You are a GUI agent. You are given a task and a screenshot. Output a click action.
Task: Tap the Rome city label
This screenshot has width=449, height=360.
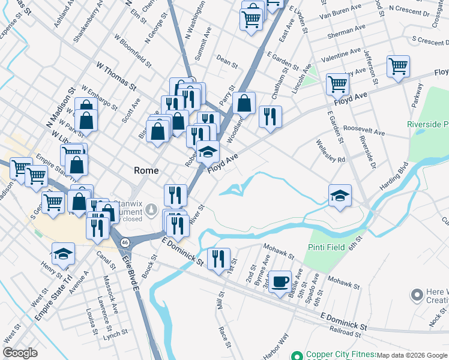coord(146,170)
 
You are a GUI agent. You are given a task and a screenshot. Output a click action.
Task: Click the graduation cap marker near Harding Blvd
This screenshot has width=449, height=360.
coord(340,195)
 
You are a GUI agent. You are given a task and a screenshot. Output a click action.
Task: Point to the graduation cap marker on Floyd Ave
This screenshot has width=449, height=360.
coord(208,152)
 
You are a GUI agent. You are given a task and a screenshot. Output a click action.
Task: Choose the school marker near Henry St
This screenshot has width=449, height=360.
coord(63,253)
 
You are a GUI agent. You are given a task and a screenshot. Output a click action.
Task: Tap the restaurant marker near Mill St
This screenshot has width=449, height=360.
coord(218,259)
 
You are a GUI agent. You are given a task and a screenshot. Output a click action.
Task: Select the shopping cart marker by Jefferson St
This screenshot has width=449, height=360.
coord(398,67)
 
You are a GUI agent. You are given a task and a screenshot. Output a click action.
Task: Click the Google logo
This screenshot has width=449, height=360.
coord(20,353)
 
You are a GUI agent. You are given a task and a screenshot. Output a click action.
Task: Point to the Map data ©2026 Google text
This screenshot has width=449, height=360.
coord(412,355)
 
